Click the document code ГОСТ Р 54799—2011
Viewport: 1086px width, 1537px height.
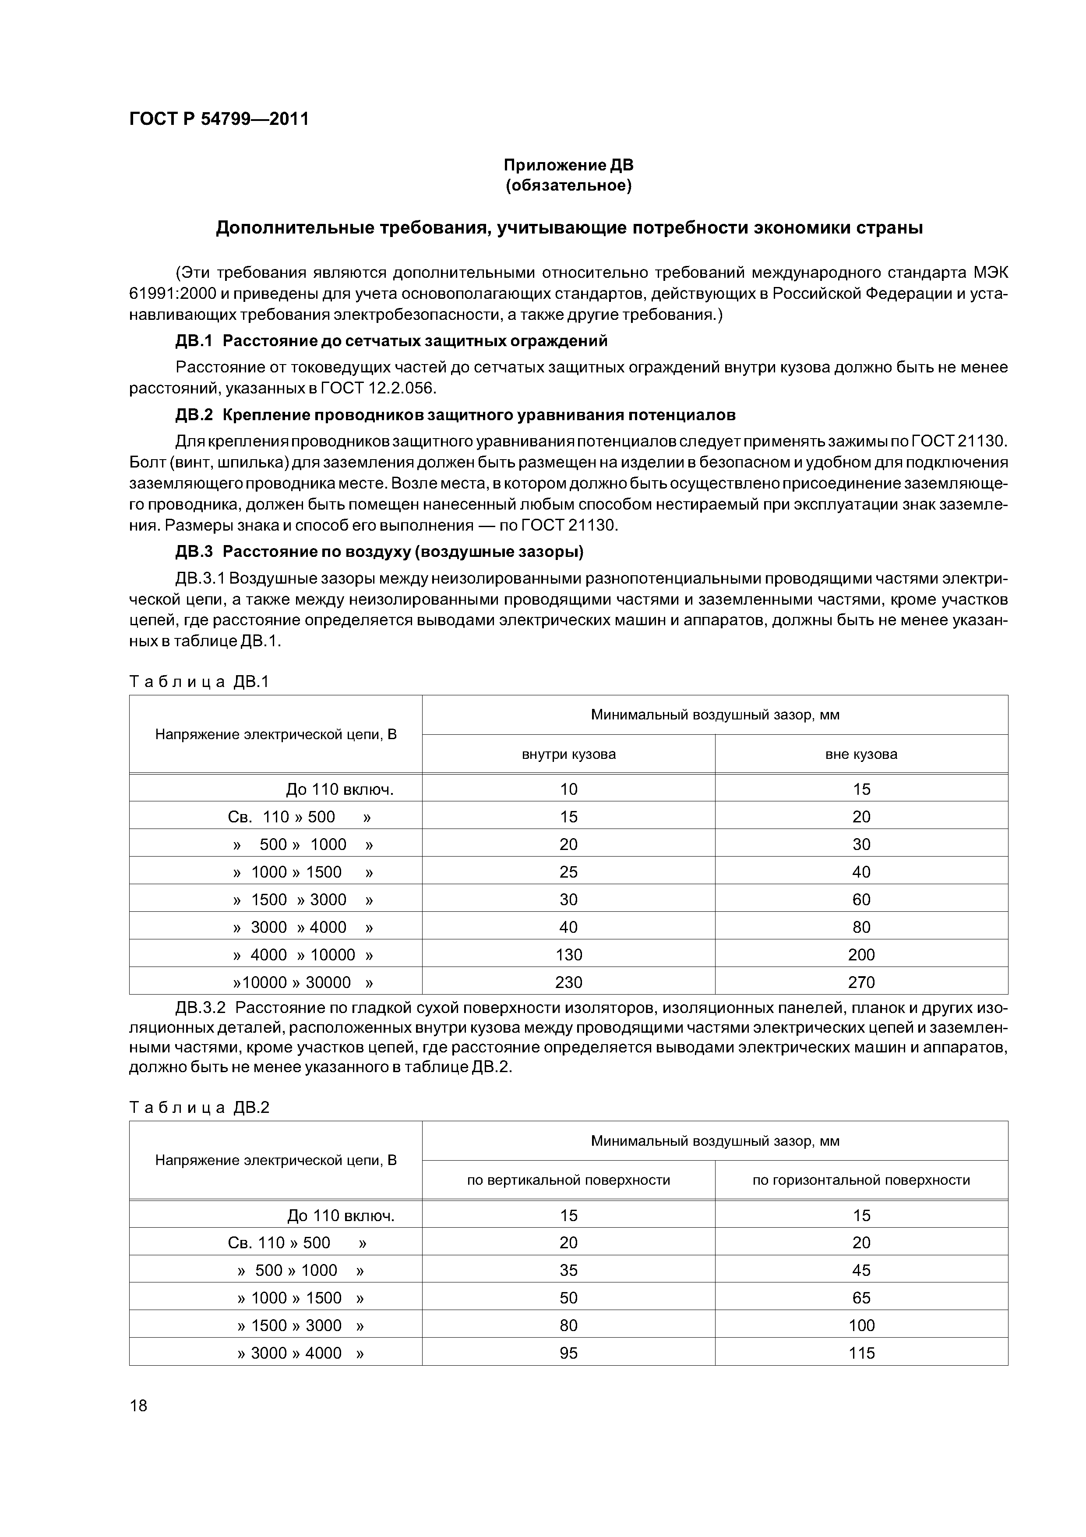[219, 119]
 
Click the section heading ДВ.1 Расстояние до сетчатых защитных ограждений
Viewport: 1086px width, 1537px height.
[391, 341]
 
